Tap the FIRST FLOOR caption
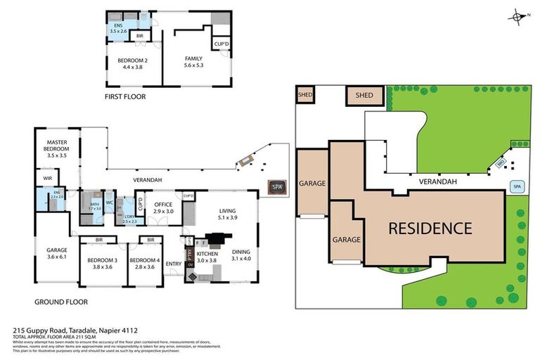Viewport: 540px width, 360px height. coord(125,97)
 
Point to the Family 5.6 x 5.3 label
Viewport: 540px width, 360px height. coord(193,62)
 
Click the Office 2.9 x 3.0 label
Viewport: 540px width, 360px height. coord(163,208)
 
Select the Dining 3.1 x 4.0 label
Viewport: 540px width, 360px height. coord(240,255)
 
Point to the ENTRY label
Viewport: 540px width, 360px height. coord(174,264)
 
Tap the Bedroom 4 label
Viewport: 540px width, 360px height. coord(148,264)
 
